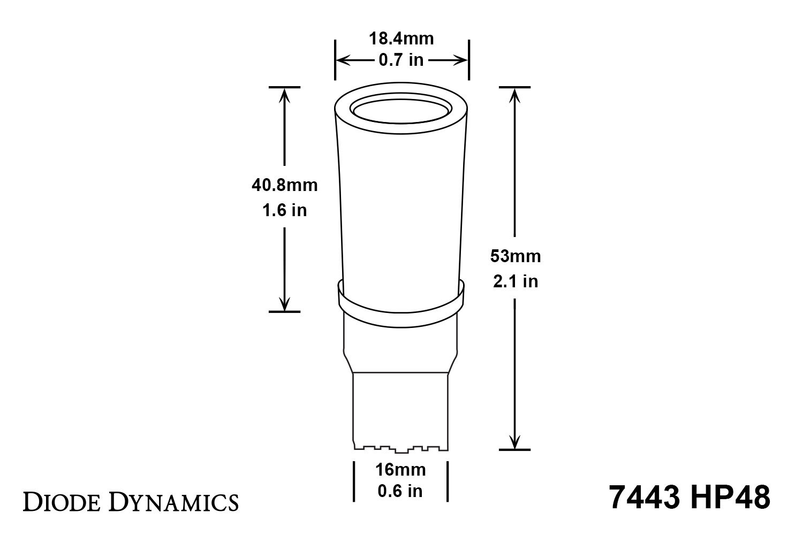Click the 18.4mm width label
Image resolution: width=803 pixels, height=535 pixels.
click(x=401, y=39)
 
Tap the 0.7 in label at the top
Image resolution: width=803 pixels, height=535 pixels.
click(x=401, y=60)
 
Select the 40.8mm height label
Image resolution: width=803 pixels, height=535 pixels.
click(x=284, y=185)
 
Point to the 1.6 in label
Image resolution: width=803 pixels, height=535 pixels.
click(x=284, y=210)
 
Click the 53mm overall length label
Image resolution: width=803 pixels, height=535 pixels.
click(x=515, y=256)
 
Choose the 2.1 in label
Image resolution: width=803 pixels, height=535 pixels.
click(x=515, y=281)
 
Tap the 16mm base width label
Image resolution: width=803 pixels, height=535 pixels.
click(x=400, y=470)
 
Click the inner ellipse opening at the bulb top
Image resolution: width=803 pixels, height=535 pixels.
click(x=401, y=113)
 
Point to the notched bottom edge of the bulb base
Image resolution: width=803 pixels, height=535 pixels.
click(x=400, y=447)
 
